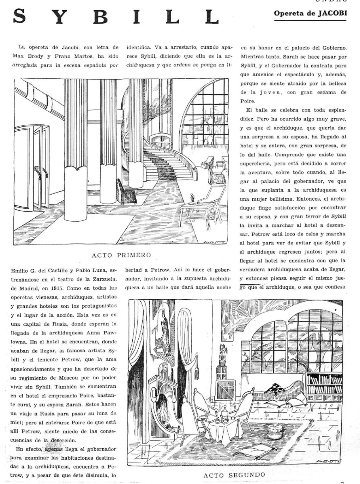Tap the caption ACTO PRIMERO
point(121,255)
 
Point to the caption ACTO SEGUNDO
point(234,474)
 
